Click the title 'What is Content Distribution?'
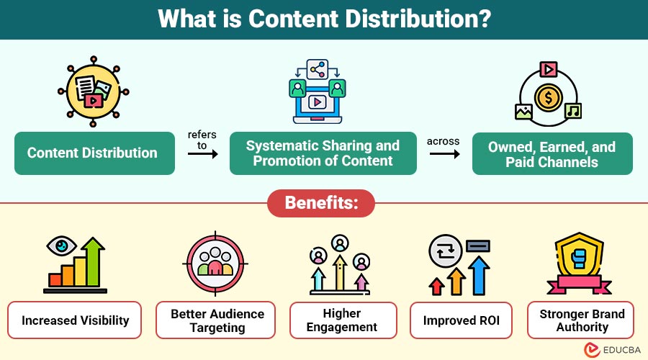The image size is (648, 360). point(324,19)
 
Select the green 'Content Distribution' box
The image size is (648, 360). point(94,153)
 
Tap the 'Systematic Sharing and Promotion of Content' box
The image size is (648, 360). point(323,153)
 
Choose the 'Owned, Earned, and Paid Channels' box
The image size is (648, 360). point(552,153)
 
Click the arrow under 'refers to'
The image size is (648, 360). point(202,153)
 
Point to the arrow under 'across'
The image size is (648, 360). point(443,153)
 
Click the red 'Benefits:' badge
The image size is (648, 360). point(321,203)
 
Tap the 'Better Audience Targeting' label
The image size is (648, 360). point(217,320)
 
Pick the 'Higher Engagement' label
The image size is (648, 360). point(343,320)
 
